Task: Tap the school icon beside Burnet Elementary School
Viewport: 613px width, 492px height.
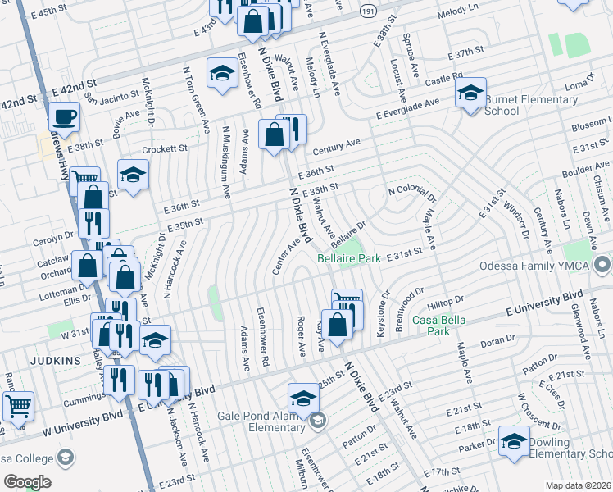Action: click(471, 93)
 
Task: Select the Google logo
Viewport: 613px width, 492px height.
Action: click(27, 482)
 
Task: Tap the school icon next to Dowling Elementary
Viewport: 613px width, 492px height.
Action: click(514, 440)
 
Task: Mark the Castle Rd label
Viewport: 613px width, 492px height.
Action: click(444, 78)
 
